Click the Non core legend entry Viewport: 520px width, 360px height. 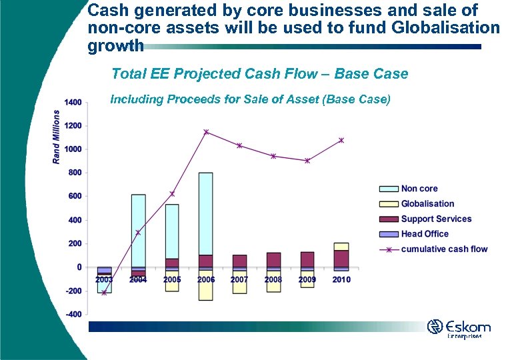pos(419,189)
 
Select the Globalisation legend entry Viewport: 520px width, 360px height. pos(427,204)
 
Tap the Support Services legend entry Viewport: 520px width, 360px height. pos(436,219)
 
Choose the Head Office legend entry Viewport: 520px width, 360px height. pos(425,234)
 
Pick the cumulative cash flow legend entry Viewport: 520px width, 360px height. pos(444,249)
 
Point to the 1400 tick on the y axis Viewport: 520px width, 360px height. pos(73,102)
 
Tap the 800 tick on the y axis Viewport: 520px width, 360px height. pos(75,173)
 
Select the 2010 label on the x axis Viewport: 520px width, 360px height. pos(341,279)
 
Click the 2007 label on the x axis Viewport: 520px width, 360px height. pos(239,279)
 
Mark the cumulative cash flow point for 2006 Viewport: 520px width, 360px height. pos(206,132)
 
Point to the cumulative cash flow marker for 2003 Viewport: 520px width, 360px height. pos(104,293)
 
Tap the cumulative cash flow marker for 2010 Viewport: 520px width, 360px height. pos(341,141)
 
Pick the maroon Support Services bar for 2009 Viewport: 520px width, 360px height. pos(307,259)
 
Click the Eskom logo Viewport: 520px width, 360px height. pos(459,329)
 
